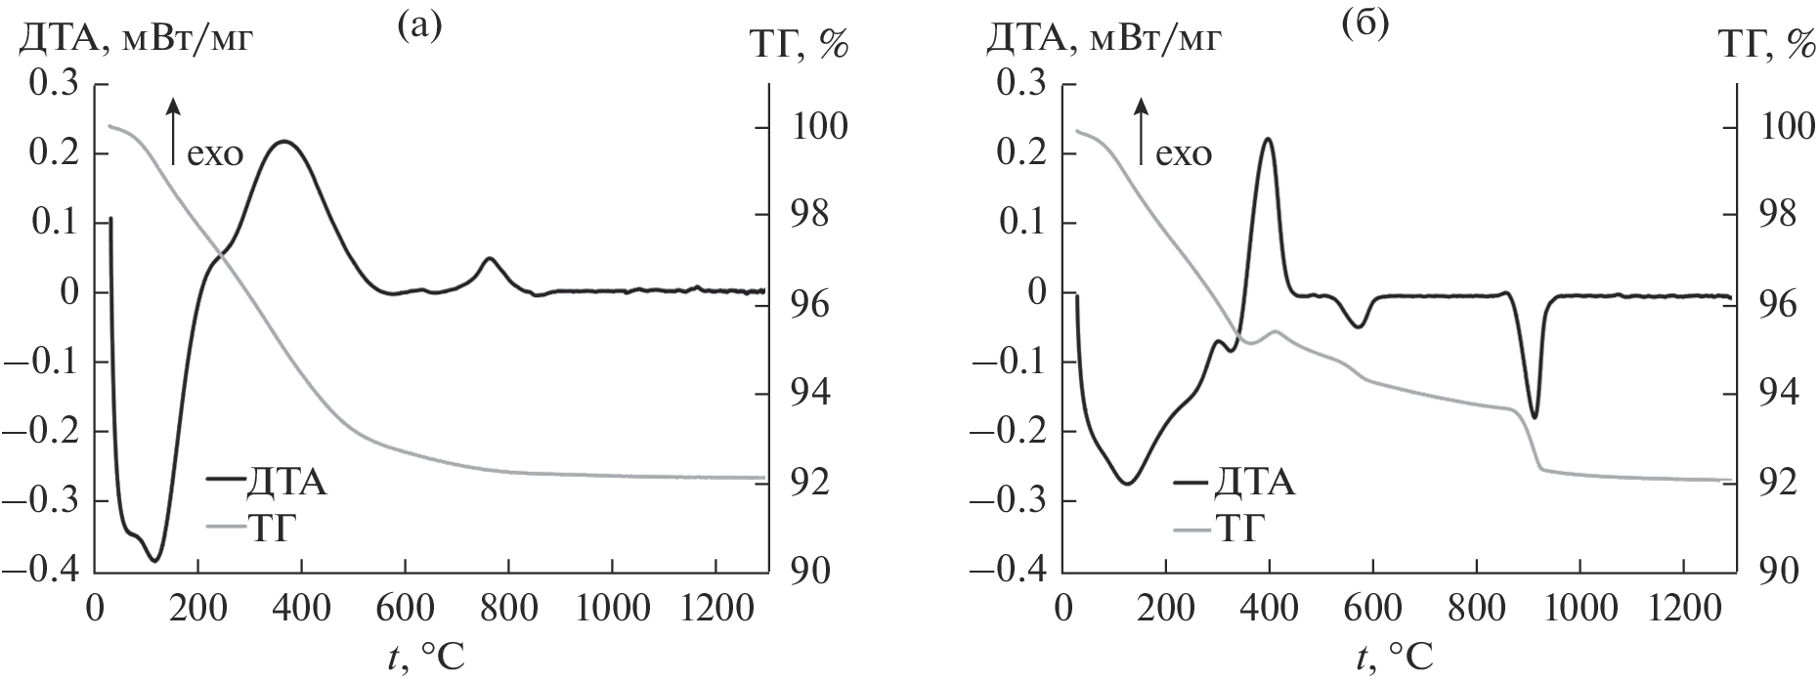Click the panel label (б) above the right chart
[1365, 24]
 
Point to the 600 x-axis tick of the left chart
[404, 606]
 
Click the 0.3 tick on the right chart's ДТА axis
[1020, 84]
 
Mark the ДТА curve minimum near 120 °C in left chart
[154, 560]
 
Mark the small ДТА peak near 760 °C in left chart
[489, 259]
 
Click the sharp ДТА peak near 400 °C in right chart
[1268, 139]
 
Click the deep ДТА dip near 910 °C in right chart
[1535, 417]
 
